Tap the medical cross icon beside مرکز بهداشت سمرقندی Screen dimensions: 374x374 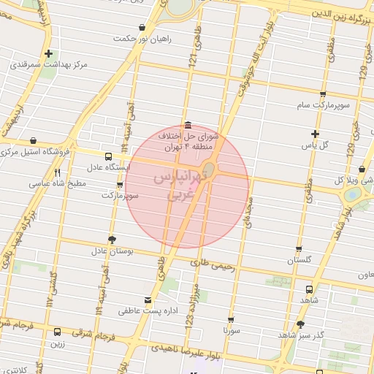coord(48,53)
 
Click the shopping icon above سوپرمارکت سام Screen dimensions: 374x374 coord(323,93)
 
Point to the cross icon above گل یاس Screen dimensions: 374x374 coord(315,134)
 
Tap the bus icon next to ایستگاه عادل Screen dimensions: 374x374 coord(109,156)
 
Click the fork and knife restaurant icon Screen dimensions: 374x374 coord(57,174)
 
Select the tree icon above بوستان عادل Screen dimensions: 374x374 coord(112,239)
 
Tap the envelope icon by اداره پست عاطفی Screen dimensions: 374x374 coord(150,299)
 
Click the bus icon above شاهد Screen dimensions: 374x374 coord(309,289)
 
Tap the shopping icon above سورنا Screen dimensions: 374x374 coord(231,320)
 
